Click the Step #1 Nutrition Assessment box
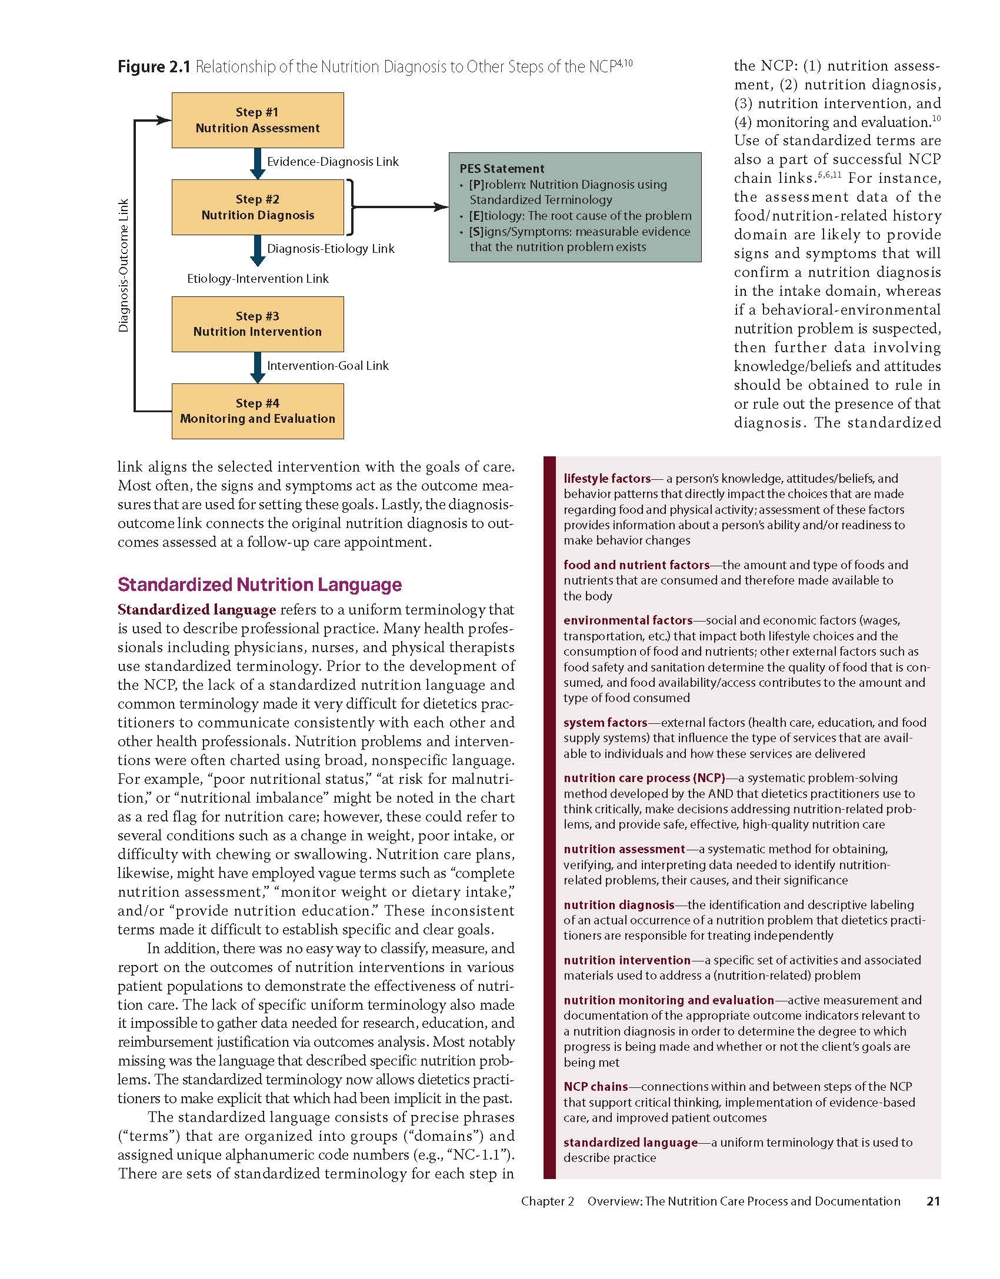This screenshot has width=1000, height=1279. coord(258,120)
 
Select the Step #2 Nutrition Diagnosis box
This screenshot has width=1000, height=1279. coord(258,207)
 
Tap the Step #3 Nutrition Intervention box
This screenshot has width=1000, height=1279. coord(258,324)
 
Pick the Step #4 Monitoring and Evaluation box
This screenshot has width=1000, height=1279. coord(258,411)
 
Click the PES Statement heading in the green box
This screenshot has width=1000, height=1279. coord(502,169)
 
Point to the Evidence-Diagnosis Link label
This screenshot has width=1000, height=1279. coord(332,162)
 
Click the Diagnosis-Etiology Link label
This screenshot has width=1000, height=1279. coord(331,249)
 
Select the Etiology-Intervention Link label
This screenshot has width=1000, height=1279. coord(258,279)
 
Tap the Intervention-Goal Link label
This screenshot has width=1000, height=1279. coord(328,366)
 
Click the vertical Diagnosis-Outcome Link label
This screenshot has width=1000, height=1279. coord(124,266)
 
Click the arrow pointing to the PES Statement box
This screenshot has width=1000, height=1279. coord(400,207)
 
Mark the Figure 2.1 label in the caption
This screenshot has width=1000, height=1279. coord(154,67)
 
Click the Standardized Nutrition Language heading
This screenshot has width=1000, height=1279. coord(259,585)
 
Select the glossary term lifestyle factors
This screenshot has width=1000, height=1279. coord(607,479)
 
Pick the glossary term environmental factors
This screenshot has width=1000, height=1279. coord(628,620)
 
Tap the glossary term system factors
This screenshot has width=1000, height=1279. coord(605,723)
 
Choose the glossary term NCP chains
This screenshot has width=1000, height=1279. coord(595,1087)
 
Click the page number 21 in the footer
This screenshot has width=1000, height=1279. coord(933,1201)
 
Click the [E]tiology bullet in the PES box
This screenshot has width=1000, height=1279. coord(579,216)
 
